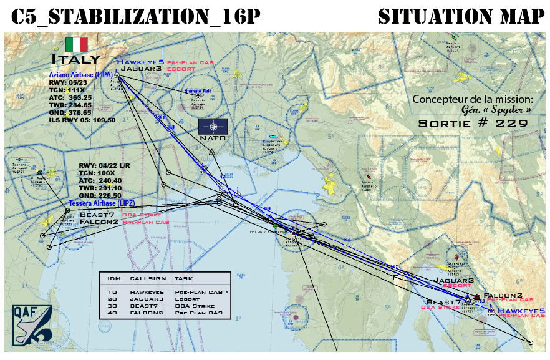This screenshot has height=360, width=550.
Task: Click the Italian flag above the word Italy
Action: tap(76, 45)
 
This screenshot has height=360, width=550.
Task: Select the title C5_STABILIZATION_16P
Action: tap(135, 17)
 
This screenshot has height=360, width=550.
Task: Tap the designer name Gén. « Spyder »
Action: tap(495, 110)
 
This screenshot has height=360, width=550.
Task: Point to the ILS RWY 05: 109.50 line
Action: tap(82, 120)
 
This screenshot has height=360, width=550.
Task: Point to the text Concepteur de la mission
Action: tap(473, 99)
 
